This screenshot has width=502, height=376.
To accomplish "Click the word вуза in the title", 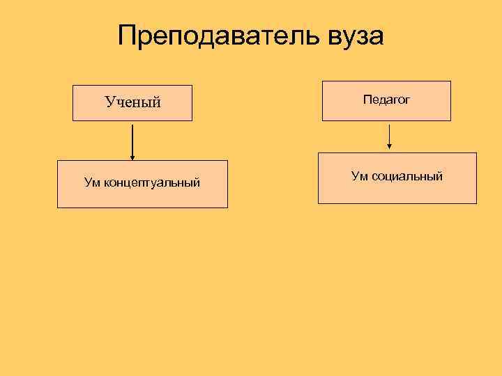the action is pos(354,36).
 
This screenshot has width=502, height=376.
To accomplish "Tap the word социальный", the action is pos(407,176).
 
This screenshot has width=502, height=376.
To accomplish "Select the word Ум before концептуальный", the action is pos(93,183).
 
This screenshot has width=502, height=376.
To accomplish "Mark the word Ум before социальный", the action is pos(360,176).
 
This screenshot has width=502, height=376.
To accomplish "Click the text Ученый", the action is pos(133,102).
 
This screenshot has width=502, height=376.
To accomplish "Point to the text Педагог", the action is pos(386,100).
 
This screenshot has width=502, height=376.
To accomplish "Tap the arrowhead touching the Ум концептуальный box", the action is pos(132,157).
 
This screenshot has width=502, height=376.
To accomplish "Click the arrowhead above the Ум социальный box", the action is pos(389,146).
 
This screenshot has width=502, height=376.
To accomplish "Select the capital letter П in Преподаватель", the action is pos(128,36).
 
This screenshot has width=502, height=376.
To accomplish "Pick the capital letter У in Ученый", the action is pos(109,102).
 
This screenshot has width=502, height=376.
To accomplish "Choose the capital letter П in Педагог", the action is pos(367,100).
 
